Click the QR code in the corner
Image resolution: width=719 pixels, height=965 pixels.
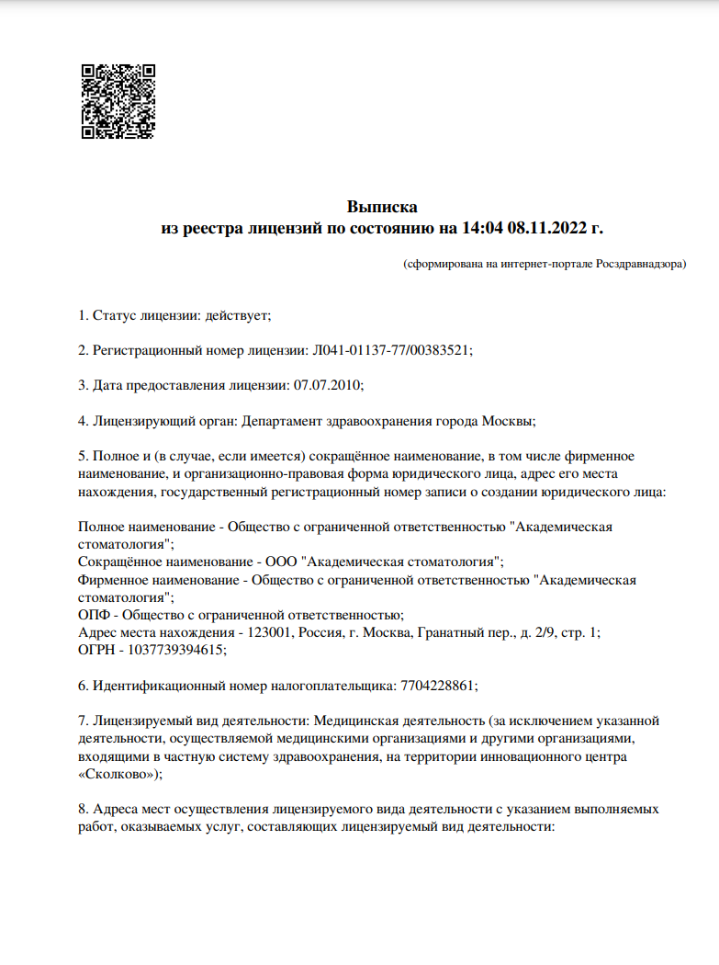point(118,101)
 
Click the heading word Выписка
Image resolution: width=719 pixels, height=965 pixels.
point(382,207)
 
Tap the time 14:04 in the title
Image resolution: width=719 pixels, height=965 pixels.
point(480,228)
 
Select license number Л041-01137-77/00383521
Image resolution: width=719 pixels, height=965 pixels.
point(392,350)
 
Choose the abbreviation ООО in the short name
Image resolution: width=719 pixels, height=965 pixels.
point(281,562)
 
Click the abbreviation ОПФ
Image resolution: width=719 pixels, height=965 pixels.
point(93,615)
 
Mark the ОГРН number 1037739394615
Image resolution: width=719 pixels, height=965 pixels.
point(175,650)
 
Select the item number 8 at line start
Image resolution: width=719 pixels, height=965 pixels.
point(83,809)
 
